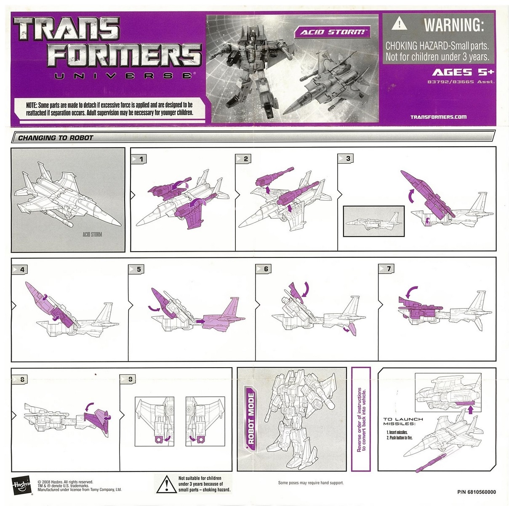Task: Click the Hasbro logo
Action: [x=21, y=486]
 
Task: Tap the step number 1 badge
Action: [x=139, y=159]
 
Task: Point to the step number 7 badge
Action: [x=386, y=269]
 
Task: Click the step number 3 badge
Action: [x=346, y=159]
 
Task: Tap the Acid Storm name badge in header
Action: [x=332, y=32]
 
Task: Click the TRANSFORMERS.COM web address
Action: [x=438, y=117]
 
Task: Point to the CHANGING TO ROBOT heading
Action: [x=56, y=138]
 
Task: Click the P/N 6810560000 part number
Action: [x=477, y=492]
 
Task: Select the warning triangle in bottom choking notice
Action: [x=166, y=485]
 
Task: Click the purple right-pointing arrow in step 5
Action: [x=200, y=321]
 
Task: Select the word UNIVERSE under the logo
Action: [x=123, y=76]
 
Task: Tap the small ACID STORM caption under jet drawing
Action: [x=92, y=234]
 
